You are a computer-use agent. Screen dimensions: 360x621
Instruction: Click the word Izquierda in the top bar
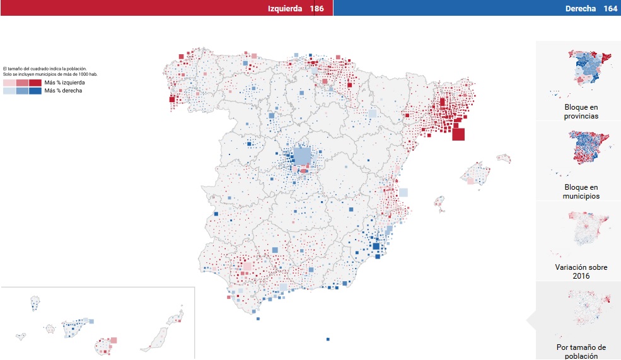[285, 8]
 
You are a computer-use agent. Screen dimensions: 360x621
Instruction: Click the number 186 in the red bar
[316, 8]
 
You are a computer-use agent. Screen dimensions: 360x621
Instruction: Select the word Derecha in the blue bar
[581, 8]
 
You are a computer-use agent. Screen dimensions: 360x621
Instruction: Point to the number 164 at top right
[610, 8]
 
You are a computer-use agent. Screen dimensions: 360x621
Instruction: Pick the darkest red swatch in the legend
[35, 83]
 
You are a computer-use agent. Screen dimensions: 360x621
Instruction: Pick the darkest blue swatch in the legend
[35, 91]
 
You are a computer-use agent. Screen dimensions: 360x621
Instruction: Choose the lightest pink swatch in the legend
[8, 83]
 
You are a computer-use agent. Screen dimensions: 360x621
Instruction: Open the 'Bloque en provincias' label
[582, 112]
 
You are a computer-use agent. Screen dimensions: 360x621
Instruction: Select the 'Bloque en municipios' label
[582, 192]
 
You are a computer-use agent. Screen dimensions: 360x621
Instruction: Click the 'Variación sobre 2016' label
[581, 272]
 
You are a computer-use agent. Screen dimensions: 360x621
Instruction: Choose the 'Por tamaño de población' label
[581, 351]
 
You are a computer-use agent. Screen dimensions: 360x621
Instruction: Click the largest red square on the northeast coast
[458, 134]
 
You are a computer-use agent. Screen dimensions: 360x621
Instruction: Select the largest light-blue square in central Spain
[303, 156]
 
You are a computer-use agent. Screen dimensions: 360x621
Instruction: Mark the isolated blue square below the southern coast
[328, 339]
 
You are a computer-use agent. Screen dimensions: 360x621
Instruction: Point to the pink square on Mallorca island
[470, 180]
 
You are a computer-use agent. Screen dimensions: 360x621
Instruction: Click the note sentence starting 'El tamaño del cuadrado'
[45, 69]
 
